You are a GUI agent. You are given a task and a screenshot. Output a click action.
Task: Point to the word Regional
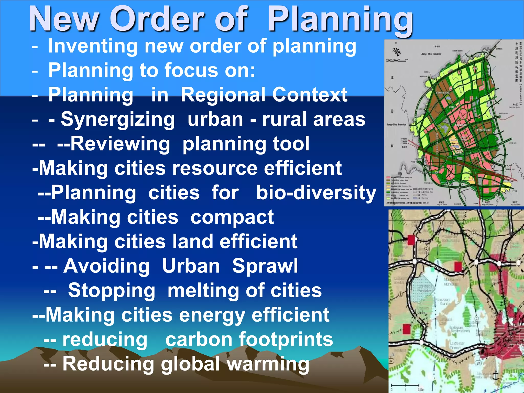pyautogui.click(x=224, y=95)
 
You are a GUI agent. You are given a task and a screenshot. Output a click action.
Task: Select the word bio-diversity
pyautogui.click(x=316, y=193)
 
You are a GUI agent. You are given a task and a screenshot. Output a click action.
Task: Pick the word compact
pyautogui.click(x=232, y=217)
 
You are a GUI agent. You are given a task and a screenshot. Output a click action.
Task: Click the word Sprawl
pyautogui.click(x=265, y=266)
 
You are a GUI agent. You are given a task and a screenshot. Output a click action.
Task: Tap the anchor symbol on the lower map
pyautogui.click(x=496, y=376)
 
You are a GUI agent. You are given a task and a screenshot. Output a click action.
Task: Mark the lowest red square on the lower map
pyautogui.click(x=407, y=329)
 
